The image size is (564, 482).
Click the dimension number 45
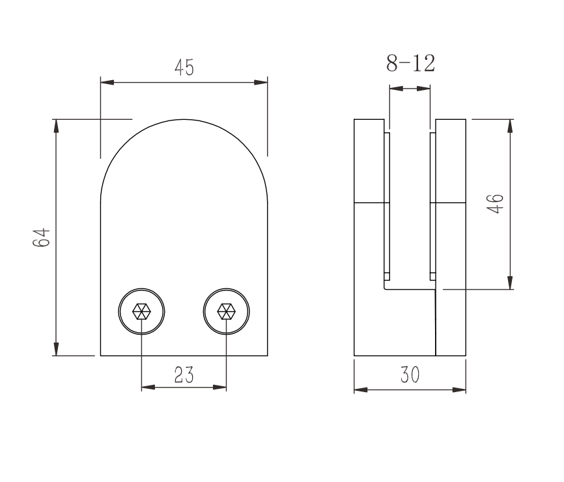tap(184, 67)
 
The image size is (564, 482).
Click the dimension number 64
tap(42, 237)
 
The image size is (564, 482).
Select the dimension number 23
tap(184, 375)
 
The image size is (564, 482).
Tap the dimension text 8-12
tap(410, 63)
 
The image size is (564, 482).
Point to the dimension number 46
tap(495, 204)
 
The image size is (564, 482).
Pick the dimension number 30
tap(410, 375)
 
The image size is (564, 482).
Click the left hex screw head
tap(141, 311)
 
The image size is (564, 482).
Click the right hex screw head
tap(226, 311)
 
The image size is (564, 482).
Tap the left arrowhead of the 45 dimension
tap(107, 82)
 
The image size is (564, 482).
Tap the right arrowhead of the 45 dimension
tap(261, 82)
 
